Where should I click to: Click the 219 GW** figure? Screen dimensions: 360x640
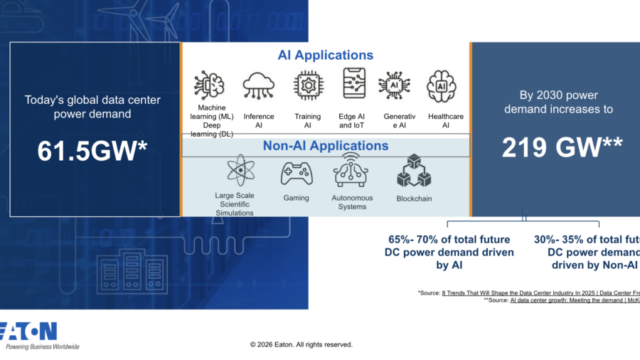click(562, 147)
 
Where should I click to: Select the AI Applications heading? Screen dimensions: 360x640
click(324, 55)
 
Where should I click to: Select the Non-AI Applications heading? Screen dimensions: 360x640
click(326, 146)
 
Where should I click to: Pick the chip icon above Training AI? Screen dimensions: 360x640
click(308, 86)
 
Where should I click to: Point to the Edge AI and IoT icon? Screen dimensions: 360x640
click(353, 85)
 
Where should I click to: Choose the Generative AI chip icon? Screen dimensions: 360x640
click(393, 86)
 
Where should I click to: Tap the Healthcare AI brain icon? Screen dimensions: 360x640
click(441, 86)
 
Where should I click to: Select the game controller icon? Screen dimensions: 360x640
click(296, 173)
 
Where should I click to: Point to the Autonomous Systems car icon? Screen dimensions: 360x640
click(352, 171)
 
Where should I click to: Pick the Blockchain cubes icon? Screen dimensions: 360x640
click(414, 171)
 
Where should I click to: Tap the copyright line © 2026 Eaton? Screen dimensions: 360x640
click(301, 344)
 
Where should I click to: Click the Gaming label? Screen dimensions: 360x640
click(296, 198)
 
